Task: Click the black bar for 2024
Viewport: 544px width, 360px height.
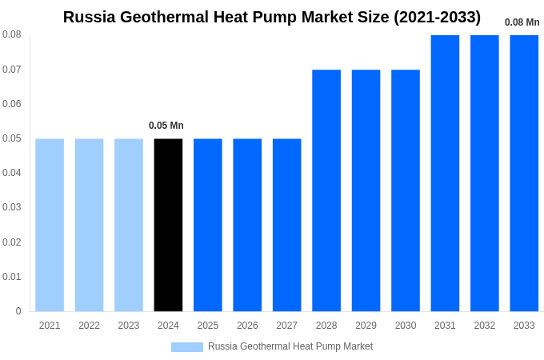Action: tap(168, 225)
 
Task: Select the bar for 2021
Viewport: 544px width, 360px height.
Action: tap(50, 225)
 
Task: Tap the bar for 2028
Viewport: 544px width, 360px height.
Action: tap(326, 190)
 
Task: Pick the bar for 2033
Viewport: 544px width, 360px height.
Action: tap(524, 173)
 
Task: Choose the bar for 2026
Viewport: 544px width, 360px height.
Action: tap(247, 225)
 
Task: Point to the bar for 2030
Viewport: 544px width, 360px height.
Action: tap(406, 190)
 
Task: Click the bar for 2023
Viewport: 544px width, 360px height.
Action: tap(129, 225)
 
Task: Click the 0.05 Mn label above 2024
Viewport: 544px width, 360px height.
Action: tap(166, 126)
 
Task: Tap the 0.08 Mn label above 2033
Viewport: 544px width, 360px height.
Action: tap(522, 22)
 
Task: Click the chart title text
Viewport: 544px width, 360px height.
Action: tap(272, 17)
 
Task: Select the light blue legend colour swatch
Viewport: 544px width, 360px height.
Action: tap(187, 347)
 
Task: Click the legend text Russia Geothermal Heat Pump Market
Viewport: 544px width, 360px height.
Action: tap(290, 346)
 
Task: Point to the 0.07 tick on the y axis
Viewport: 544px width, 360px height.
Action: tap(12, 70)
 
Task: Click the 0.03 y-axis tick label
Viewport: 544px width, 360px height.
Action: tap(12, 207)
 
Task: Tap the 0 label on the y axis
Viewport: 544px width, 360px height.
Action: tap(18, 311)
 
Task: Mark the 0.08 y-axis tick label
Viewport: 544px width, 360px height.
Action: tap(12, 34)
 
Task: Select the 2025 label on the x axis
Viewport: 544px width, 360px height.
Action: tap(208, 326)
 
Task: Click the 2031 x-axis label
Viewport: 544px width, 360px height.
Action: tap(445, 326)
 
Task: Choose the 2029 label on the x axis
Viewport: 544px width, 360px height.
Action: tap(366, 326)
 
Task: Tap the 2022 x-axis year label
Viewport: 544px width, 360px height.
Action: tap(89, 326)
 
